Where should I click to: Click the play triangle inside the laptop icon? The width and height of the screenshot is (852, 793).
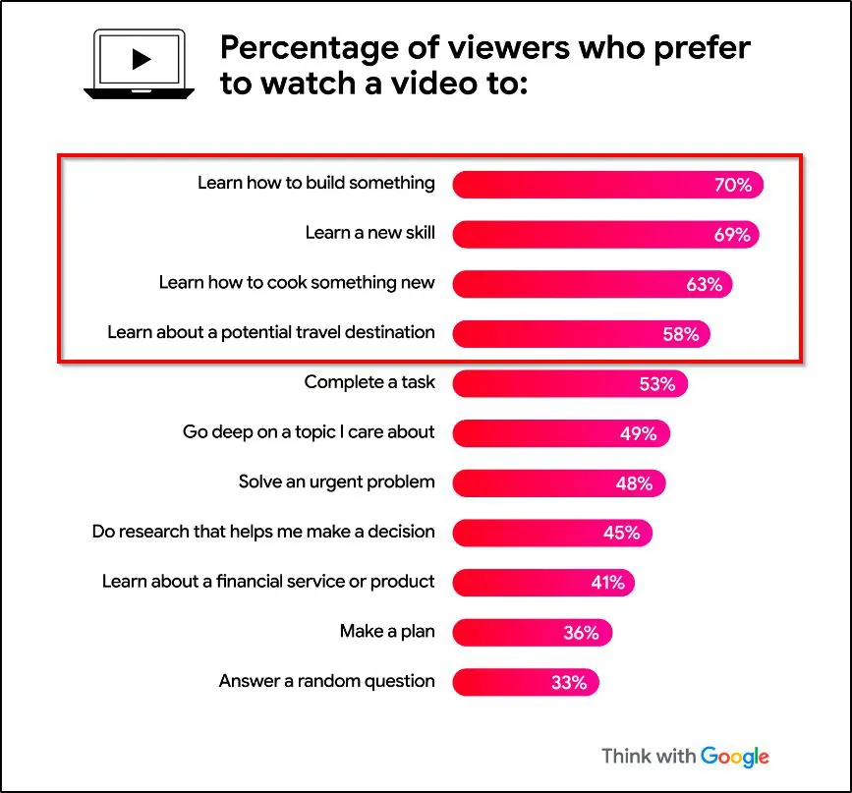[141, 60]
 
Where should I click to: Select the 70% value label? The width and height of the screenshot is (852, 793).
[732, 185]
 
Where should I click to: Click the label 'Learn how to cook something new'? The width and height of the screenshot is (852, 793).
[297, 283]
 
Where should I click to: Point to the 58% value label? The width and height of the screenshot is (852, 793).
[680, 334]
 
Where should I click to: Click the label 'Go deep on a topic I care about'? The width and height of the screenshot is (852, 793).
[309, 431]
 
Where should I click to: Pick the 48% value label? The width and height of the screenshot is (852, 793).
[634, 483]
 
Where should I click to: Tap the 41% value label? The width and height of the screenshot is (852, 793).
[607, 583]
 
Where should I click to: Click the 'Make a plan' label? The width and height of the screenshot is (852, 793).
[387, 632]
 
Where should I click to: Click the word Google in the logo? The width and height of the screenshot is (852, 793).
[735, 756]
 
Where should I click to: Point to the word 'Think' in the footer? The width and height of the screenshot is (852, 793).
[626, 756]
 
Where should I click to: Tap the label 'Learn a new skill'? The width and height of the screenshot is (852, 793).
[369, 233]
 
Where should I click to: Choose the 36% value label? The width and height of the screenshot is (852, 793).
[581, 633]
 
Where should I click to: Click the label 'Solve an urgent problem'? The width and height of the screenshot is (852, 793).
[336, 482]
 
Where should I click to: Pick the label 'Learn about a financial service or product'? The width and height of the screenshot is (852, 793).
[268, 582]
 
